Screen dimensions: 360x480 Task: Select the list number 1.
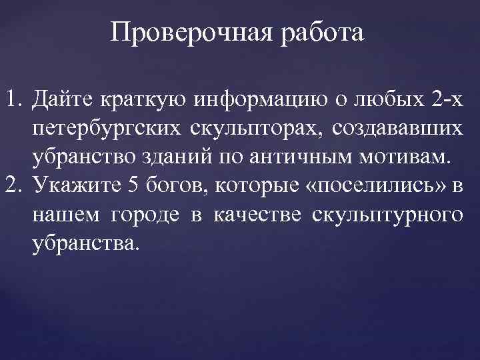[x=12, y=101]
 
